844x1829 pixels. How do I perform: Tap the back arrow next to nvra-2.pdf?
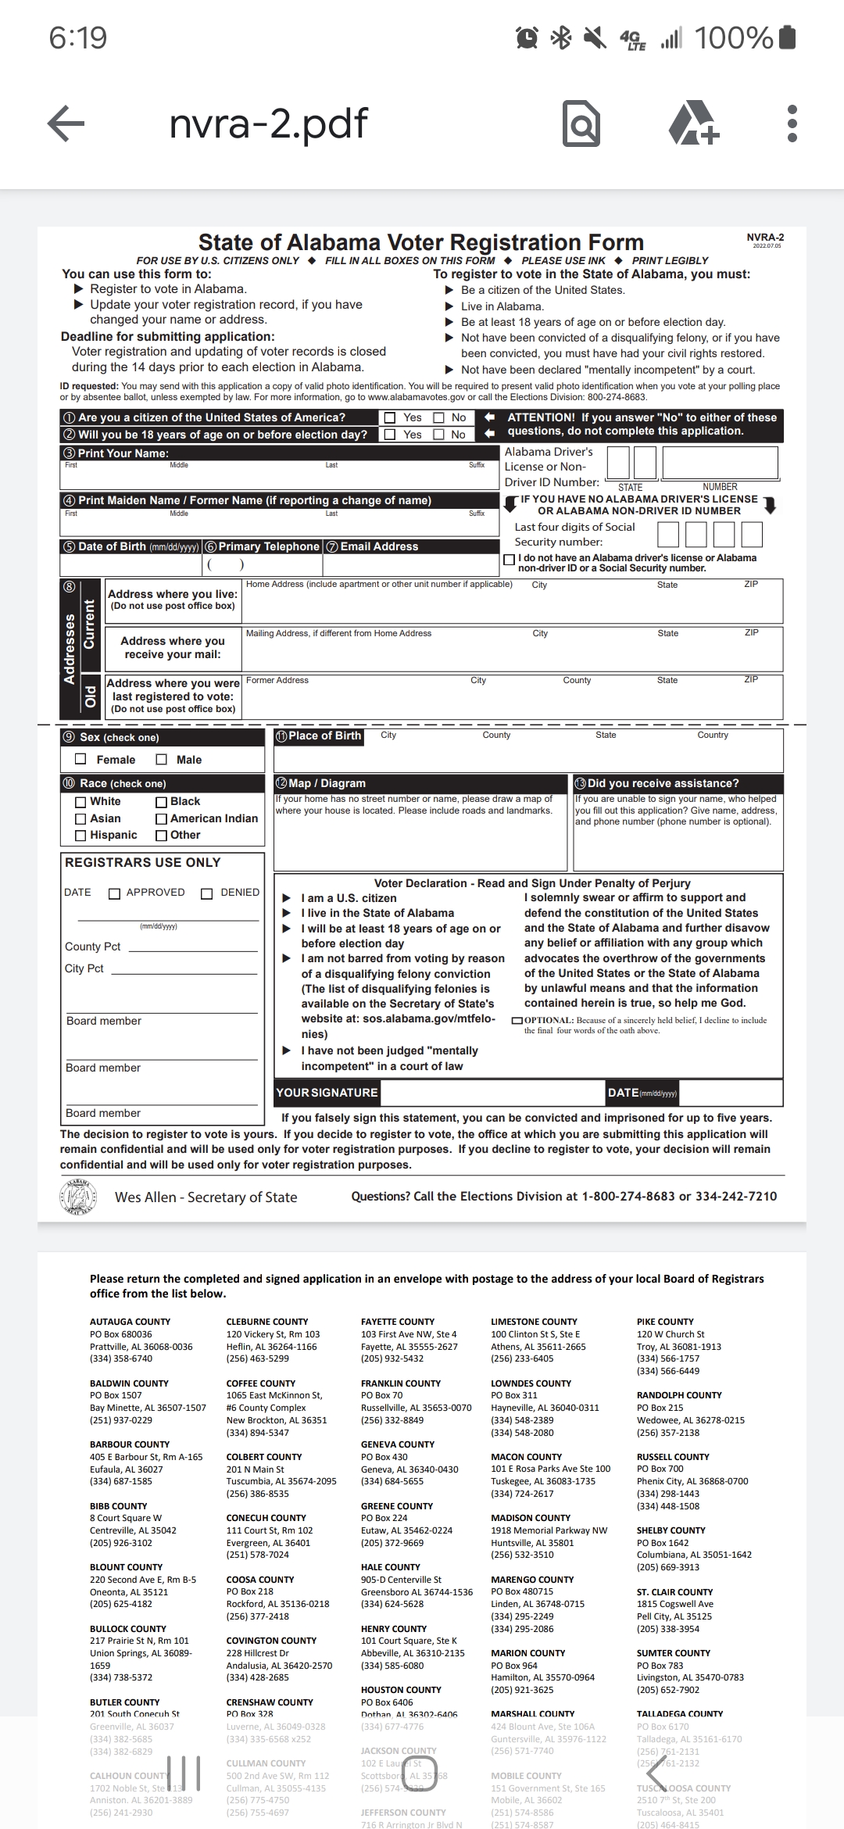tap(66, 123)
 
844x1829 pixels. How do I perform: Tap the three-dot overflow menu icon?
tap(792, 123)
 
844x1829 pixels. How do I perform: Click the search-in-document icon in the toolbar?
tap(581, 123)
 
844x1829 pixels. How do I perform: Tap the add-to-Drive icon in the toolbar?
tap(694, 123)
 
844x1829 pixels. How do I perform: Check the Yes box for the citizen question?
tap(390, 417)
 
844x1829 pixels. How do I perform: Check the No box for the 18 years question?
tap(439, 435)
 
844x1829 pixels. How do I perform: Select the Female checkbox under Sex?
tap(80, 759)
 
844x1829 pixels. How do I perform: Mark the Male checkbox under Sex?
tap(162, 759)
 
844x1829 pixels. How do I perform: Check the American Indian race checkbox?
tap(162, 818)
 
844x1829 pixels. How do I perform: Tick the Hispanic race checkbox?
tap(80, 836)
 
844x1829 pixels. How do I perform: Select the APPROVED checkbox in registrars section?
tap(115, 893)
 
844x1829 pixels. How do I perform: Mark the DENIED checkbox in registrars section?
tap(207, 893)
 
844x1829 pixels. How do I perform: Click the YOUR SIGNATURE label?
tap(327, 1093)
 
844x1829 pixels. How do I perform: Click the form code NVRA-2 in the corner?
tap(765, 238)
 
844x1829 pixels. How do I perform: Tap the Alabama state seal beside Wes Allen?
tap(77, 1197)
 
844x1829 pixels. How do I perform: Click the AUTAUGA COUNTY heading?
tap(130, 1322)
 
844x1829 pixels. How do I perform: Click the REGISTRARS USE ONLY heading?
tap(143, 862)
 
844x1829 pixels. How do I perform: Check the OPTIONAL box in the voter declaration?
tap(517, 1021)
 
